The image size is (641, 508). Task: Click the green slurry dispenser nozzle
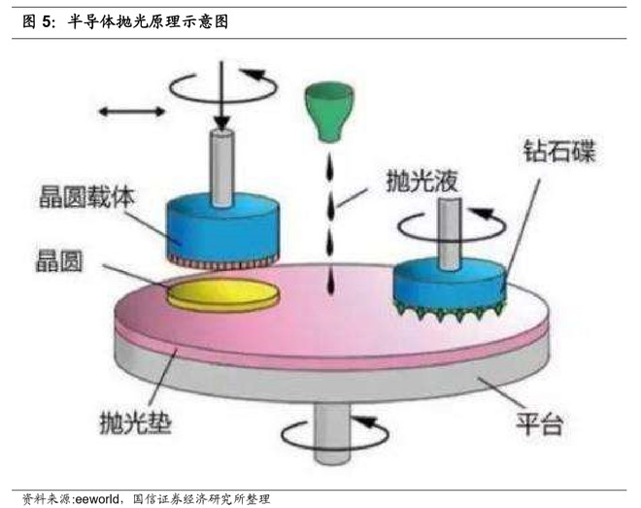[x=328, y=111]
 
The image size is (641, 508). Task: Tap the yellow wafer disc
[x=223, y=295]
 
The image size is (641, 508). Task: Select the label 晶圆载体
[x=86, y=197]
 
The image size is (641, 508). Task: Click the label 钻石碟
[x=559, y=152]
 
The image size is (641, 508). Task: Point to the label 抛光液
[x=422, y=181]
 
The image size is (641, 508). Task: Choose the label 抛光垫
[x=136, y=423]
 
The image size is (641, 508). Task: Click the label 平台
[x=540, y=423]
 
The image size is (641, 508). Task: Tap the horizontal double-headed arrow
[x=132, y=111]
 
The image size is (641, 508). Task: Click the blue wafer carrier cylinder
[x=222, y=230]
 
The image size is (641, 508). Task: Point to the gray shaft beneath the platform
[x=332, y=433]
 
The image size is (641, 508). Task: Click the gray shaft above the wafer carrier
[x=222, y=167]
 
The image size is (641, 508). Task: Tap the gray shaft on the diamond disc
[x=450, y=233]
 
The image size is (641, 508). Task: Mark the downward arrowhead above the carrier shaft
[x=222, y=123]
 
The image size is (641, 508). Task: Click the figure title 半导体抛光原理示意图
[x=148, y=21]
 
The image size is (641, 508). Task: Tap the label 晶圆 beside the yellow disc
[x=59, y=261]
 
